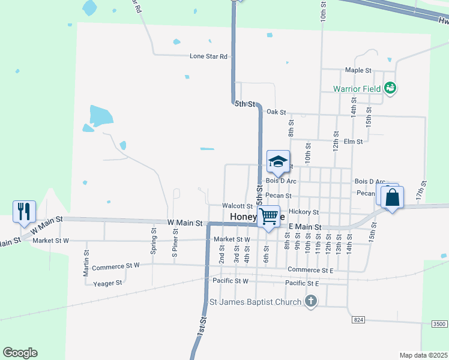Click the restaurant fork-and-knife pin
[x=24, y=212]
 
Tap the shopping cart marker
[x=270, y=216]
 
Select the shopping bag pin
[x=392, y=197]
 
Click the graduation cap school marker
[x=278, y=161]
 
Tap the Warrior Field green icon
[x=390, y=88]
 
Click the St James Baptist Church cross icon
[x=310, y=301]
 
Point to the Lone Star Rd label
[x=208, y=56]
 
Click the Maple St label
[x=358, y=70]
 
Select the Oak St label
[x=276, y=112]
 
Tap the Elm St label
[x=354, y=142]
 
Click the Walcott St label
[x=237, y=206]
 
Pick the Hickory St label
[x=303, y=212]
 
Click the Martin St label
[x=86, y=264]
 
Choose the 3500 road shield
[x=439, y=324]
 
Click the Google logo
[x=20, y=353]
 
